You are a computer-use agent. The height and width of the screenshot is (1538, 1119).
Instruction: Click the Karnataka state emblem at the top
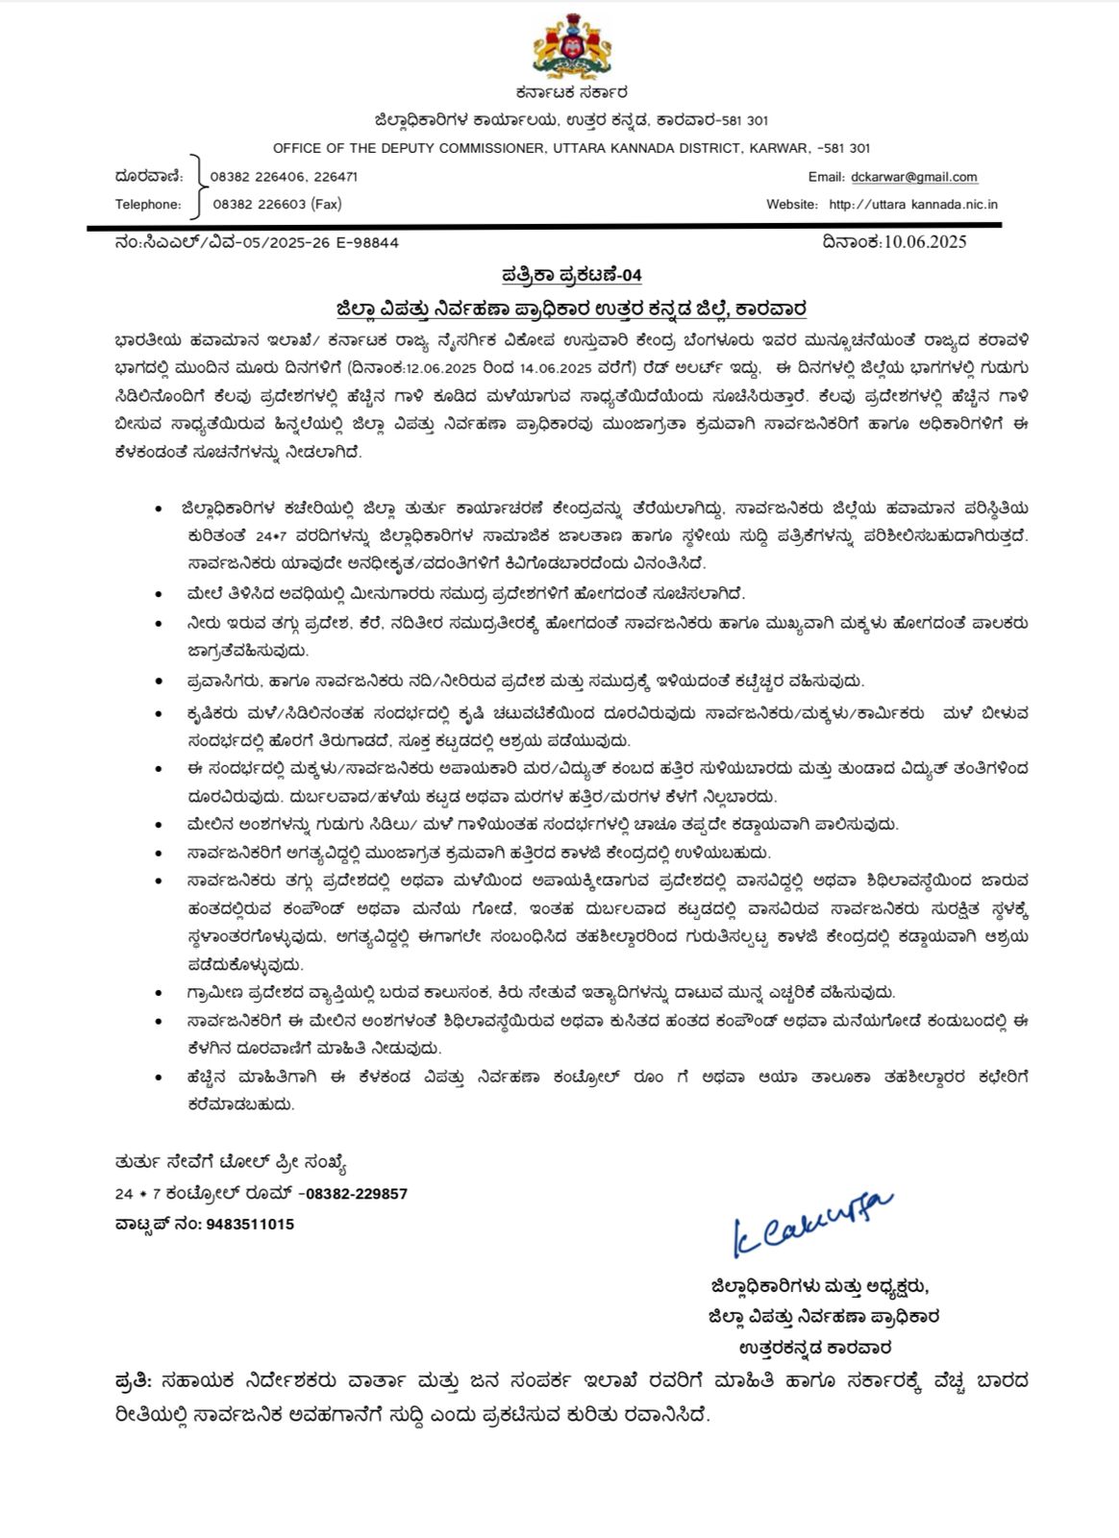click(572, 48)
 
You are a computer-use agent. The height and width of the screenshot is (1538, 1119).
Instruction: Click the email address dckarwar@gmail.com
click(913, 177)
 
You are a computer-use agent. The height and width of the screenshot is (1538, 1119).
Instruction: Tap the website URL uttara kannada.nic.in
click(913, 204)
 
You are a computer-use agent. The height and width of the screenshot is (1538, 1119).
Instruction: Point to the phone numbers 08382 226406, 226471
click(284, 177)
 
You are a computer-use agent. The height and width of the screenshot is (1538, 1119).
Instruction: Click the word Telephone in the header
click(148, 204)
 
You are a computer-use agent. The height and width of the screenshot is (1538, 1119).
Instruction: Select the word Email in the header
click(826, 177)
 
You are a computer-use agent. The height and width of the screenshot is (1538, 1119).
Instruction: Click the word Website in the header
click(791, 204)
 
